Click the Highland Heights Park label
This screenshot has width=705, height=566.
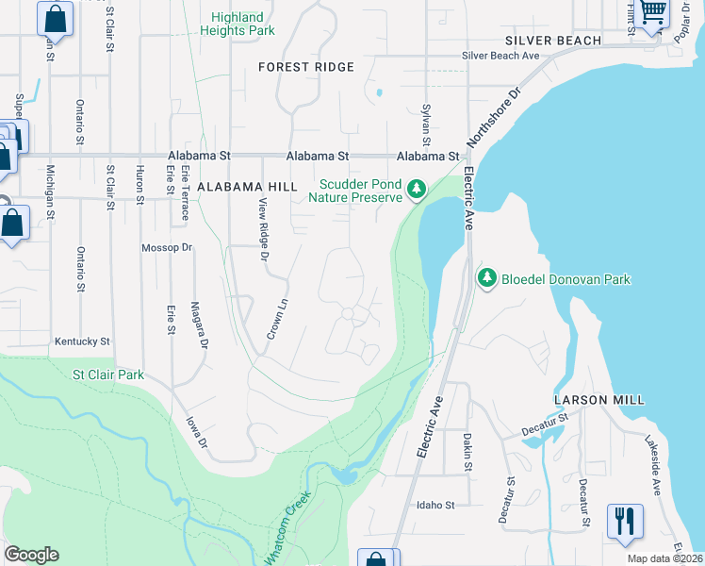click(237, 24)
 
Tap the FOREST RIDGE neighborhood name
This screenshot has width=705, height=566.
click(306, 67)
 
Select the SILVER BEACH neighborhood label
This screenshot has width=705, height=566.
click(552, 41)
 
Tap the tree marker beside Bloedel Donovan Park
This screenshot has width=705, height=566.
click(487, 278)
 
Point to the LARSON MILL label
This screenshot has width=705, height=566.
click(600, 400)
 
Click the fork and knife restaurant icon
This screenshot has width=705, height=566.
click(625, 523)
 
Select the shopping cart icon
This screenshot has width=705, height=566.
click(652, 13)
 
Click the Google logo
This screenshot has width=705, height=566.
click(31, 554)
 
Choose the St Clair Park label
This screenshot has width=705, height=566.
click(108, 375)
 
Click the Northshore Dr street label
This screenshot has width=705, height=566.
click(495, 120)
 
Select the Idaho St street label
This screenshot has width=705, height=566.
click(435, 505)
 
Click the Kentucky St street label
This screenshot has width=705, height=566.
click(82, 341)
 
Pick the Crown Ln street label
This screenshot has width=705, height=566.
click(275, 322)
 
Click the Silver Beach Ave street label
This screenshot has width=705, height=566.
click(500, 56)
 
